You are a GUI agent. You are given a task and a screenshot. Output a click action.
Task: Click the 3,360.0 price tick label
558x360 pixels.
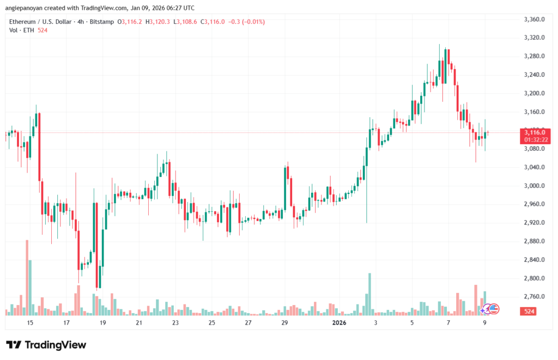tap(534, 20)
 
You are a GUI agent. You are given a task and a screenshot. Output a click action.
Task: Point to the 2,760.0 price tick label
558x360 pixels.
tap(534, 297)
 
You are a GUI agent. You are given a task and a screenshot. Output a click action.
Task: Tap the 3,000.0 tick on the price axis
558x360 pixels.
tap(534, 186)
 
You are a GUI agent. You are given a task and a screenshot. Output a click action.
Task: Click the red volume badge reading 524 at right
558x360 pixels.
tap(528, 312)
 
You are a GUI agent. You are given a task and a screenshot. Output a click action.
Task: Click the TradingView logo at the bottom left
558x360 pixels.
tap(46, 345)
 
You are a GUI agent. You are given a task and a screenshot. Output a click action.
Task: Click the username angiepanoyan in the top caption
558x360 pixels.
tap(29, 7)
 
